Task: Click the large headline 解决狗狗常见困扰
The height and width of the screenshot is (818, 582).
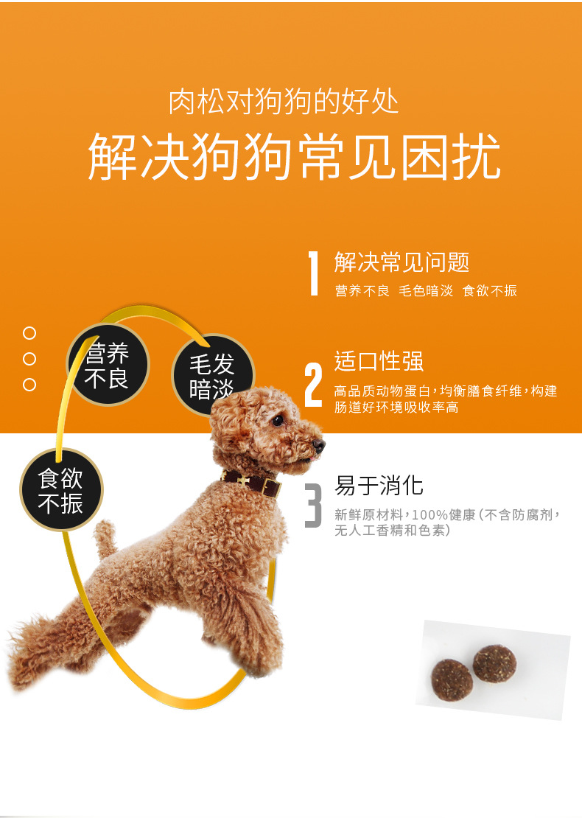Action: coord(294,156)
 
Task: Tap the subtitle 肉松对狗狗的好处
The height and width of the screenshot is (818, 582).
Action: coord(284,102)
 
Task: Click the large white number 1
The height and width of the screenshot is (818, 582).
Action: coord(314,273)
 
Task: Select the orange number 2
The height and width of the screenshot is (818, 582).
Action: coord(314,385)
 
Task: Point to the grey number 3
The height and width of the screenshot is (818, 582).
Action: coord(314,506)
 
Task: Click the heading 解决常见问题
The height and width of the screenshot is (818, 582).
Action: coord(402,262)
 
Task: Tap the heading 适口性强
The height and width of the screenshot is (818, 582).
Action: coord(379,361)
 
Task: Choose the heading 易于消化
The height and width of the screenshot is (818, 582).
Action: coord(379,486)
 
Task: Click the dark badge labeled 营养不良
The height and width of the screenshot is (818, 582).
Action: coord(108,366)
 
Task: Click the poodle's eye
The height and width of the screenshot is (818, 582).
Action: coord(278,421)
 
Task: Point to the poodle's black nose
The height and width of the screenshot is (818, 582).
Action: coord(318,445)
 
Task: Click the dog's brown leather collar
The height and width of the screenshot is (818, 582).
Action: coord(254,484)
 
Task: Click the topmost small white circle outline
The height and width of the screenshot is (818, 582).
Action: coord(29,333)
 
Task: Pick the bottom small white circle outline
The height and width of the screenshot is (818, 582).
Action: coord(29,385)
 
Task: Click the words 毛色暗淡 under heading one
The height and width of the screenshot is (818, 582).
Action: coord(426,291)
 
